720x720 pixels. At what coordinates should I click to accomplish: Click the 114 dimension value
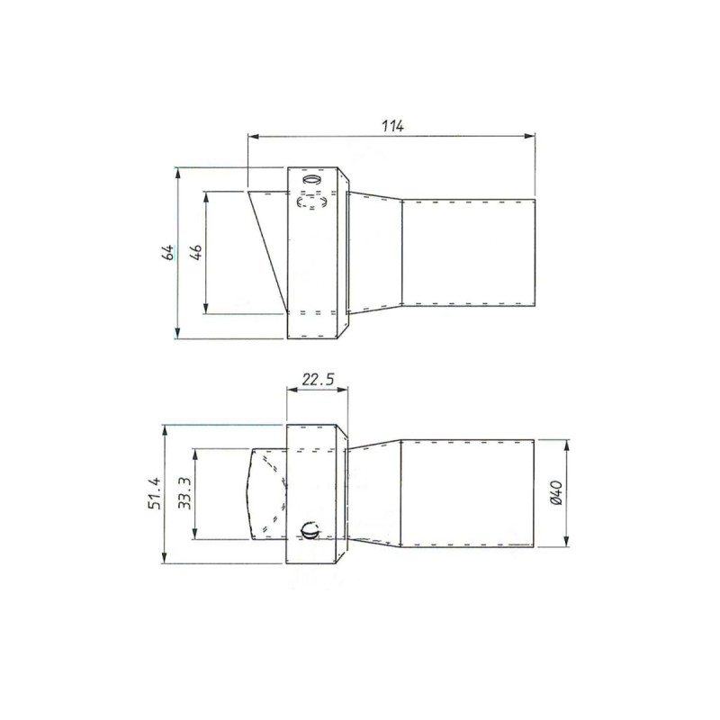[x=392, y=125]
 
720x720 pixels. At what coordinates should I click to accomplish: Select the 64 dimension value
[x=169, y=253]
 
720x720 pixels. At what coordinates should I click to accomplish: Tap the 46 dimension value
[x=196, y=253]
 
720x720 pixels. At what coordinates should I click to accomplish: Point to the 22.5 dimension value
[x=319, y=380]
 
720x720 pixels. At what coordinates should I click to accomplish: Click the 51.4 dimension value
[x=155, y=493]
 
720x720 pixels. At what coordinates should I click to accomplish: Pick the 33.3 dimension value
[x=184, y=493]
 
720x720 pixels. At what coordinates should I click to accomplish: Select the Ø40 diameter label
[x=555, y=493]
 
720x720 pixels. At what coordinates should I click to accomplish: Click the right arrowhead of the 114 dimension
[x=530, y=136]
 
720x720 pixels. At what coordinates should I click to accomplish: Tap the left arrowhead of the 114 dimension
[x=253, y=136]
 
